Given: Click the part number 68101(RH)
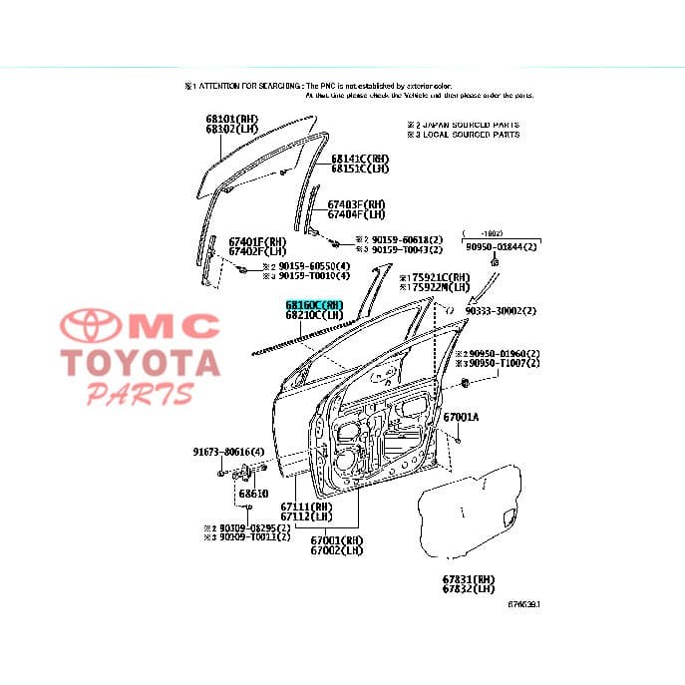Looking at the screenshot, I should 231,119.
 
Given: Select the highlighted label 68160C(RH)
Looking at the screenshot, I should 314,305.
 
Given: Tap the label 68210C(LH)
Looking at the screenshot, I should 314,316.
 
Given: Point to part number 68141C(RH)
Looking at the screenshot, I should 360,158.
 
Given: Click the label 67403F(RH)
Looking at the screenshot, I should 356,204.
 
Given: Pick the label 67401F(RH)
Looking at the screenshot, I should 256,241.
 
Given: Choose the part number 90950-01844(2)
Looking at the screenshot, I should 502,246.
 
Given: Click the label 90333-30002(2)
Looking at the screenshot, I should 501,311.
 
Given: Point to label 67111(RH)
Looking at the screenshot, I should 306,507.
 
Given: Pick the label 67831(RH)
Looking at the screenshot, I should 468,579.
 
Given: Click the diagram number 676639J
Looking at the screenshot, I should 526,604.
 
